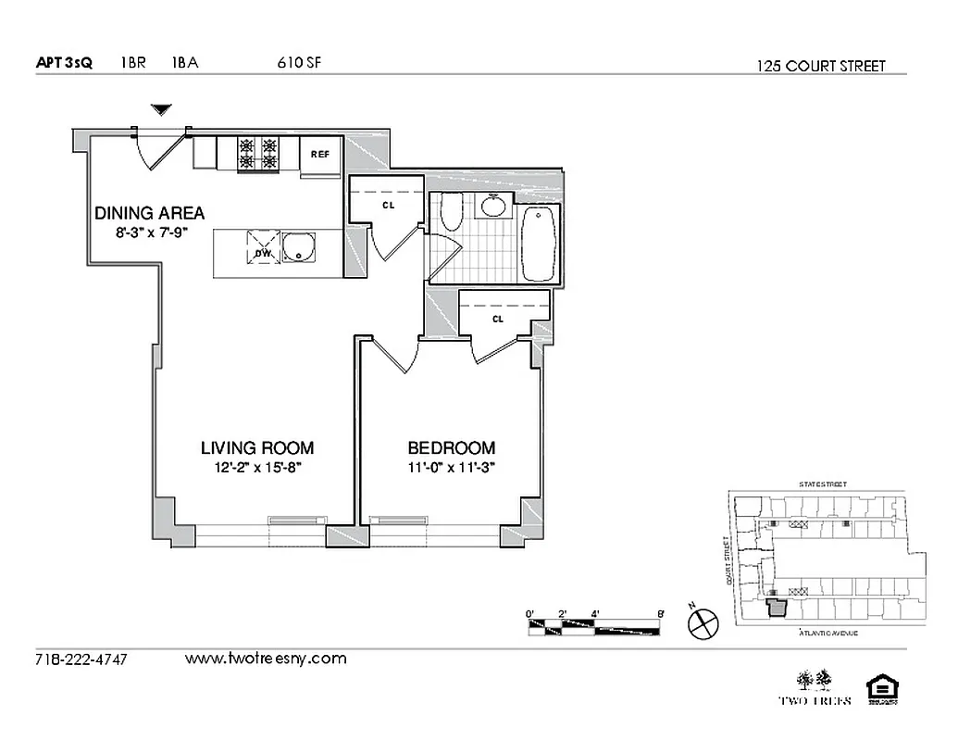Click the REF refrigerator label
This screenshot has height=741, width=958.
(x=320, y=154)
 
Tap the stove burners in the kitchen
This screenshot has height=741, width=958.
(x=258, y=153)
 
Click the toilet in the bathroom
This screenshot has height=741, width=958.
(x=451, y=213)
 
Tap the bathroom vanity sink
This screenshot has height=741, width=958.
(x=494, y=206)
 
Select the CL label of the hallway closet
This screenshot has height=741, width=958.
(x=388, y=205)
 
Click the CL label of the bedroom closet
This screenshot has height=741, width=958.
(x=497, y=320)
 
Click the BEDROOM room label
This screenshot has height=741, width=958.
(x=452, y=447)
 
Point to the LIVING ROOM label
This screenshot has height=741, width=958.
(x=257, y=447)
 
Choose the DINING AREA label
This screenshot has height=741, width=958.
(x=149, y=213)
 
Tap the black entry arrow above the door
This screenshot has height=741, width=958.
(x=162, y=110)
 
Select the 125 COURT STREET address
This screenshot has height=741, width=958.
(x=820, y=66)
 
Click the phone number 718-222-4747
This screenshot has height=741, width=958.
(x=81, y=660)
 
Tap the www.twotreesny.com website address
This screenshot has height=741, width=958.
(x=266, y=659)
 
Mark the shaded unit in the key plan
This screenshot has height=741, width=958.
(x=776, y=608)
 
